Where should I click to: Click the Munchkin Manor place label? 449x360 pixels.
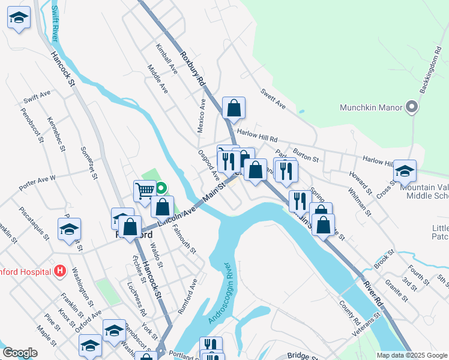point(370,108)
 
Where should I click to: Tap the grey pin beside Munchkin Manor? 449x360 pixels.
point(411,108)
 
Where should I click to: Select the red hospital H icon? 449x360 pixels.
point(59,271)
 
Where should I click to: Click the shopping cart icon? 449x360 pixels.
point(145,191)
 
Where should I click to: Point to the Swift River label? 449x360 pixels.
point(55,23)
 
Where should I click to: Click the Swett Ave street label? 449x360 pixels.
point(273,100)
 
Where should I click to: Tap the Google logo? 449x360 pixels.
point(20,353)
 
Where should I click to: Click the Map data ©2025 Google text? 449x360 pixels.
point(412,355)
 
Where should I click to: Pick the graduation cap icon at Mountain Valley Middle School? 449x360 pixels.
point(405,172)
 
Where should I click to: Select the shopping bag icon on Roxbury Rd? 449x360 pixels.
point(234,108)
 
